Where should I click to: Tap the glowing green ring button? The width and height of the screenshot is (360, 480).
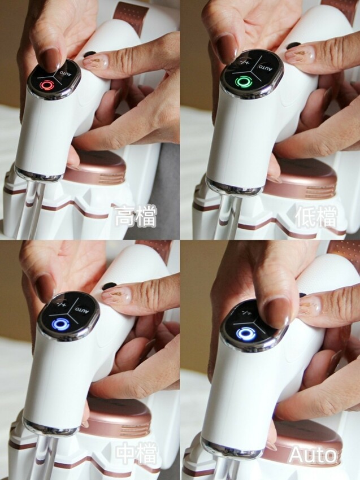click(x=244, y=81)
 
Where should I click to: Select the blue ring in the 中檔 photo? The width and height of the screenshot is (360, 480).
click(x=59, y=325)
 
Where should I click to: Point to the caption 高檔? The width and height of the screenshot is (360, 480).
click(x=136, y=217)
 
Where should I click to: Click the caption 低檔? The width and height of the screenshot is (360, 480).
click(x=316, y=217)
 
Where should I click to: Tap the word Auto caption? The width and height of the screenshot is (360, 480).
click(x=313, y=455)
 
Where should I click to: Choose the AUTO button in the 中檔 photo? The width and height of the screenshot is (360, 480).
click(x=82, y=309)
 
